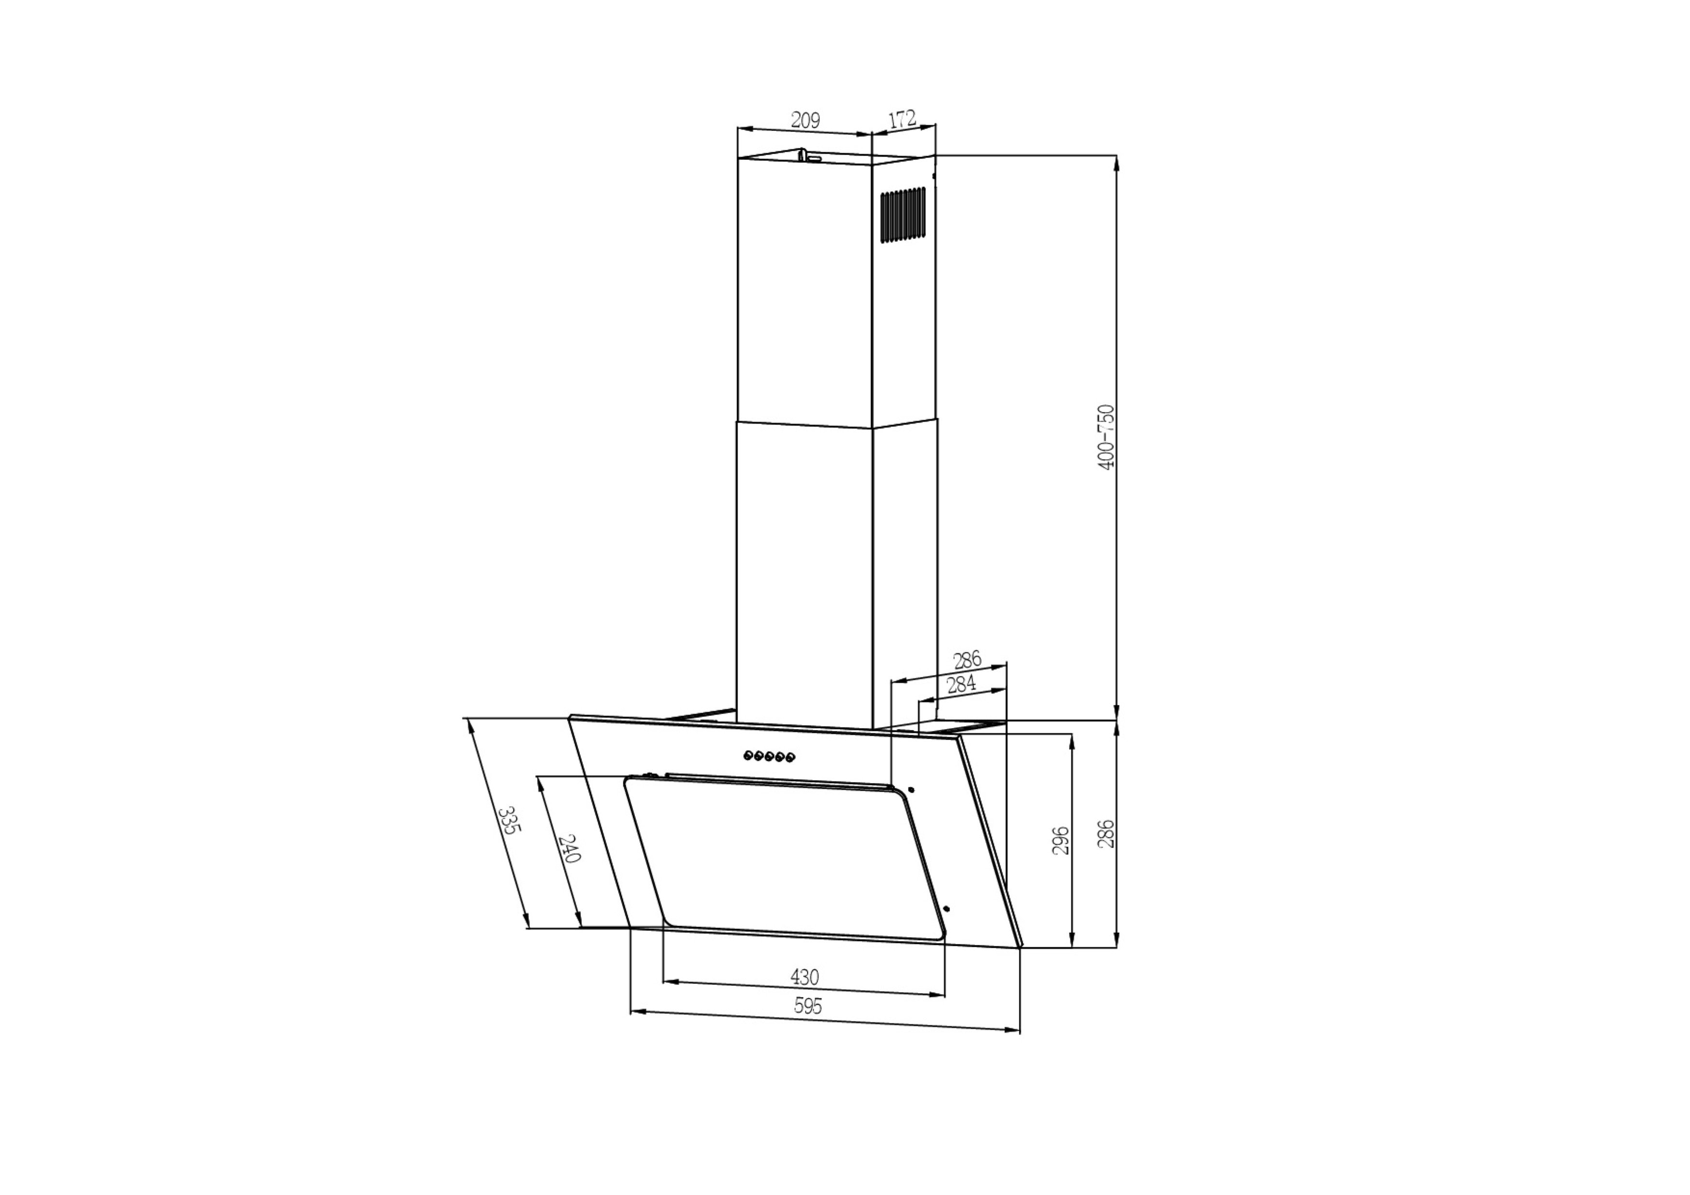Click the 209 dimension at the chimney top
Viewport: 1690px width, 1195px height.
pyautogui.click(x=805, y=120)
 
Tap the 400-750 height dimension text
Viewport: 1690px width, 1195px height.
pyautogui.click(x=1106, y=437)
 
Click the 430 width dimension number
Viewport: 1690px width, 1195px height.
pyautogui.click(x=804, y=977)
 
